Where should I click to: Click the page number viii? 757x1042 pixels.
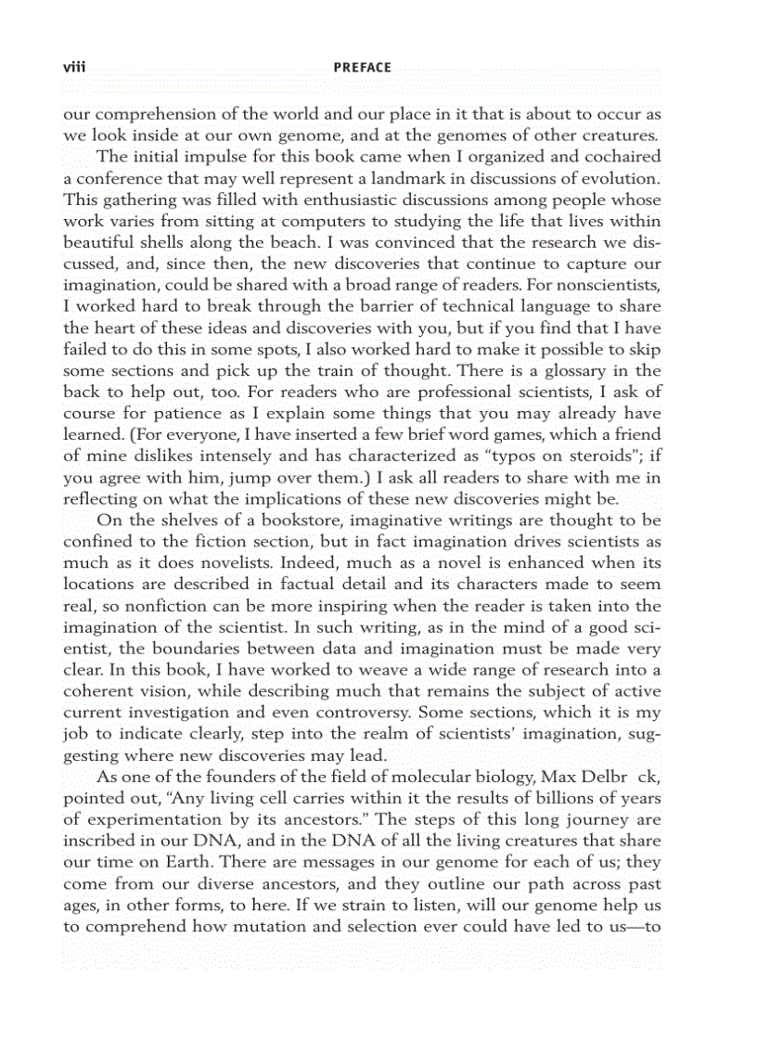[73, 67]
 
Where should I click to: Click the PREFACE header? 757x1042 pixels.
[363, 67]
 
